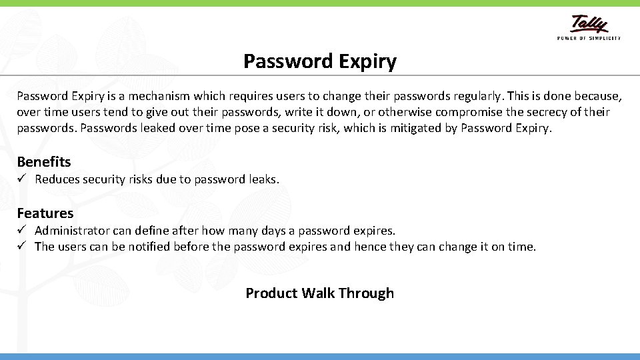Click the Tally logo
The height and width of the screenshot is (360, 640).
pyautogui.click(x=589, y=24)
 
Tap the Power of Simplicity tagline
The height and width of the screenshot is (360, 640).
pyautogui.click(x=589, y=38)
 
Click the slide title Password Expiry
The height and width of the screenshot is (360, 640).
pyautogui.click(x=320, y=61)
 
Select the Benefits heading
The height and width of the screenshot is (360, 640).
pyautogui.click(x=44, y=162)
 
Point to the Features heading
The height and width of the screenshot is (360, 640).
pyautogui.click(x=45, y=213)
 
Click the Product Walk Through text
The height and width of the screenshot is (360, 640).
pyautogui.click(x=320, y=293)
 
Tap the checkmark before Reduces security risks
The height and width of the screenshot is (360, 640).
pyautogui.click(x=21, y=179)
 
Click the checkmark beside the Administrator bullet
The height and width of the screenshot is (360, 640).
pyautogui.click(x=21, y=230)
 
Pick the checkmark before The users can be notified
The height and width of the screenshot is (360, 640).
pyautogui.click(x=21, y=246)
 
